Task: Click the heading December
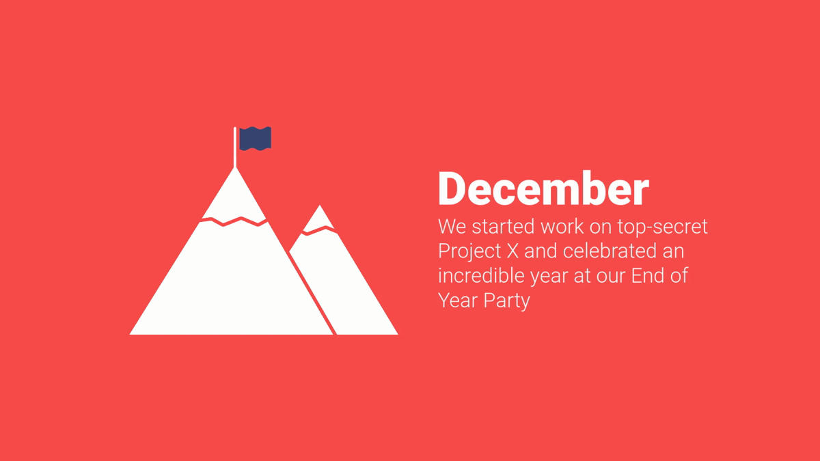544,188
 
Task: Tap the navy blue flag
255,139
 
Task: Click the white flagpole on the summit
235,147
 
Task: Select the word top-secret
662,227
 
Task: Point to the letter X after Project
512,251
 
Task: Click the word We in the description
452,227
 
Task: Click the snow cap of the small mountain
319,219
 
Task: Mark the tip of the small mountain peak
320,206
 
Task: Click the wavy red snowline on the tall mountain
233,221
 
